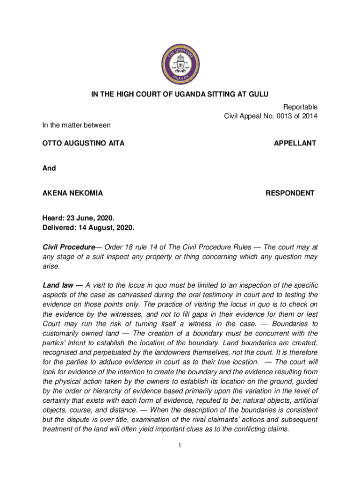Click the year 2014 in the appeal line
coord(309,116)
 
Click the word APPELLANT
coord(295,143)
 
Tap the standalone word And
coord(49,168)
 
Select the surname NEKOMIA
coord(86,193)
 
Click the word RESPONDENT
coord(290,193)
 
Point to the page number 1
coord(180,445)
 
